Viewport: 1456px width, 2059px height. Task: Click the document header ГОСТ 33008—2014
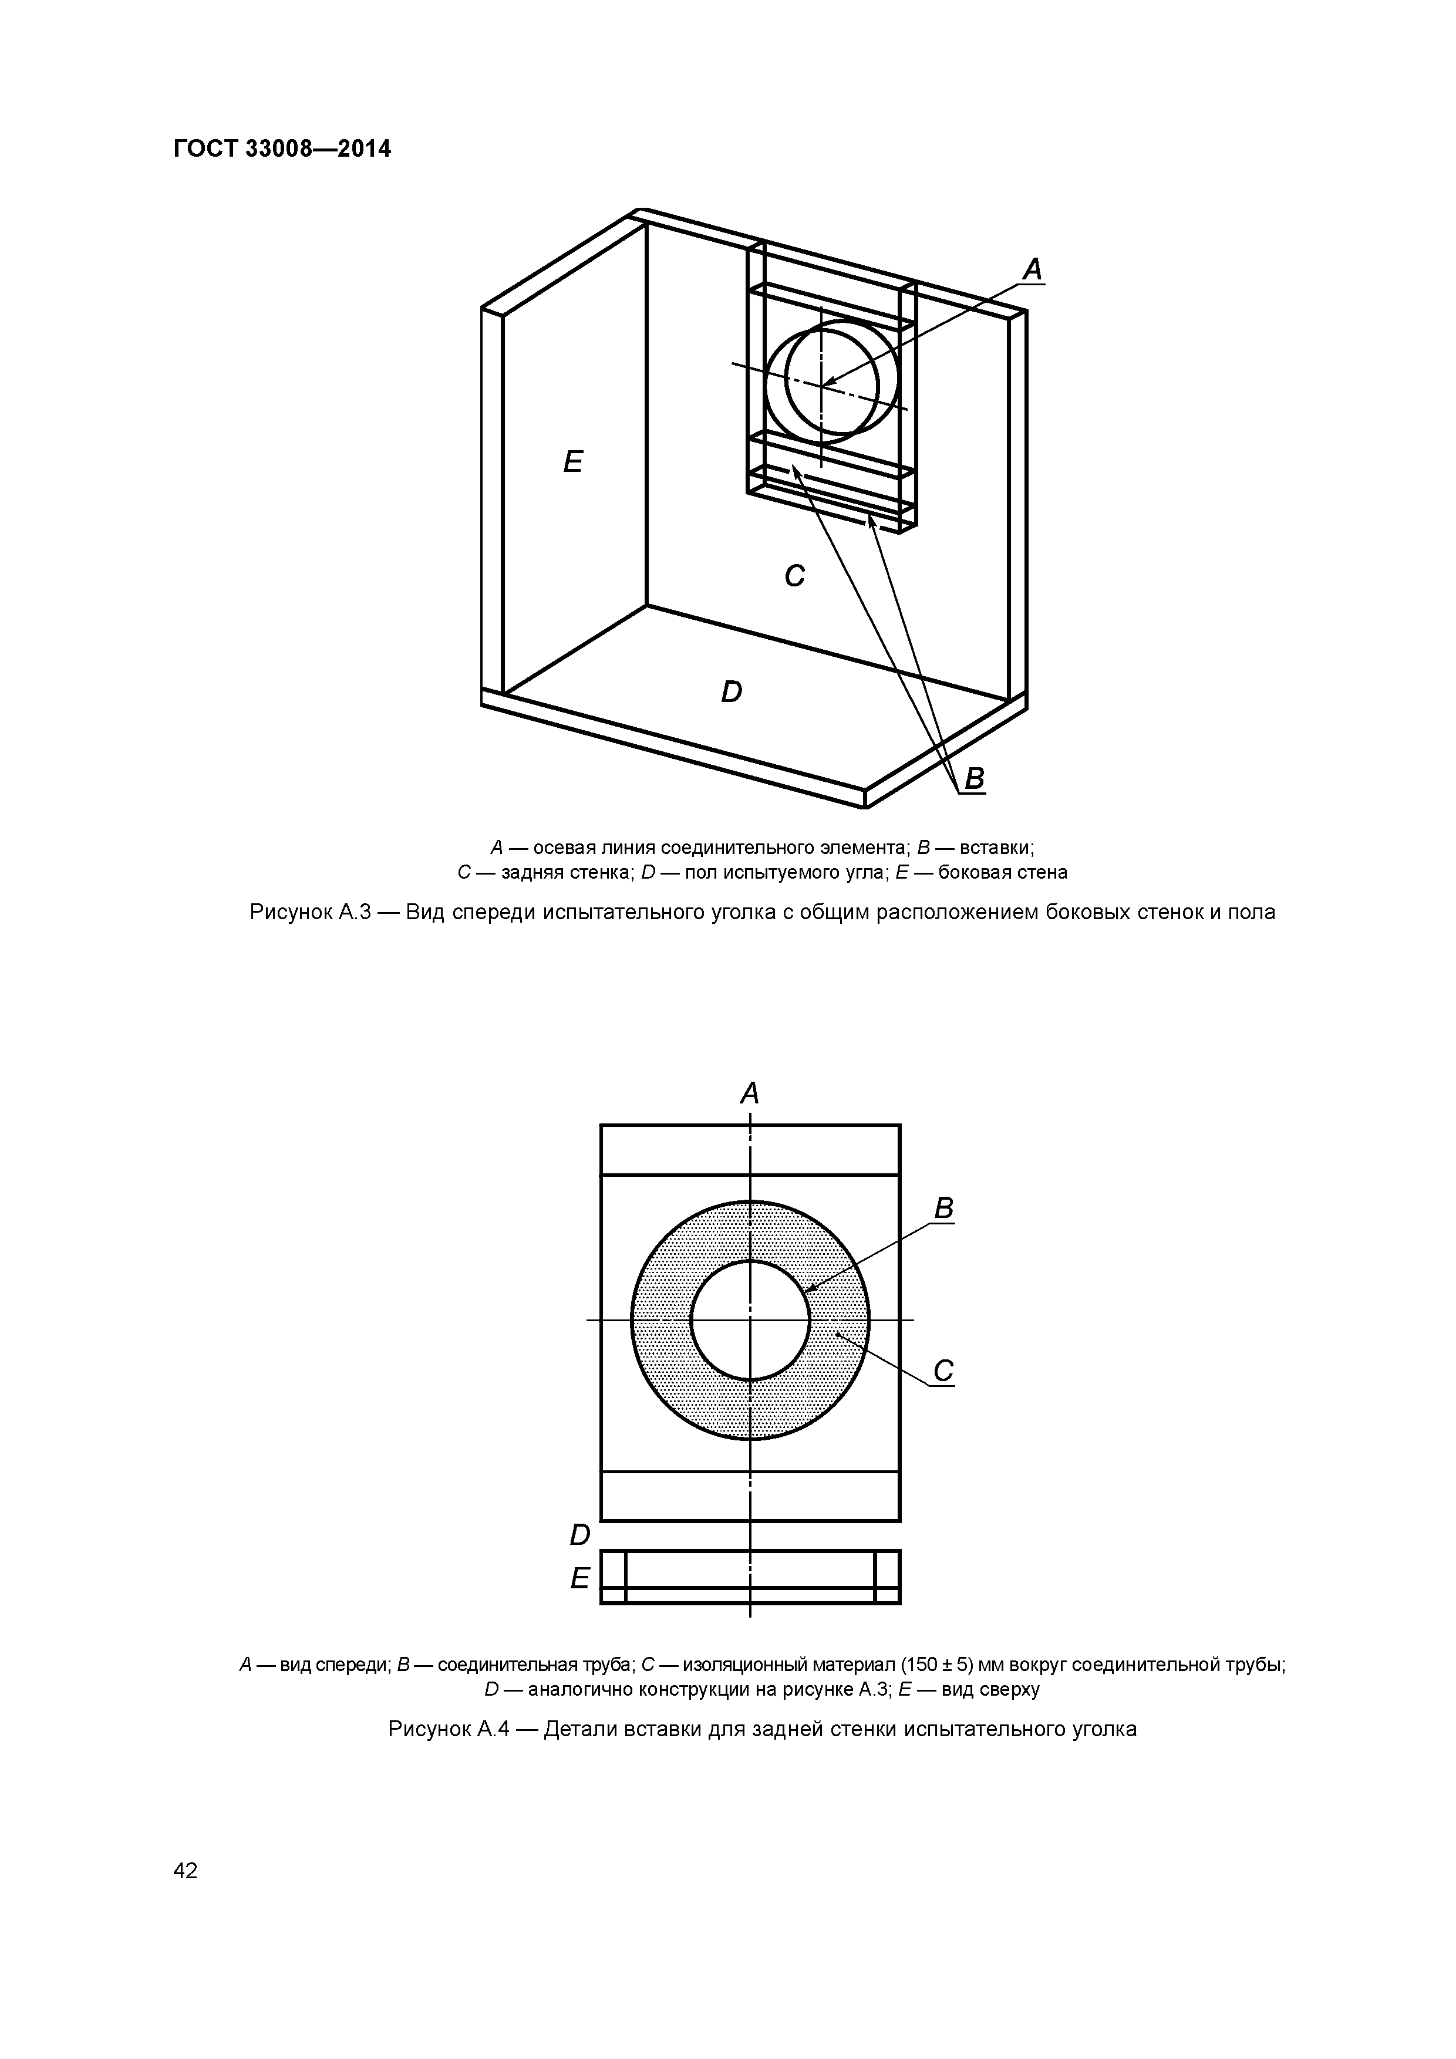click(x=282, y=149)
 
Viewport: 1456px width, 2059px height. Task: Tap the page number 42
click(x=185, y=1870)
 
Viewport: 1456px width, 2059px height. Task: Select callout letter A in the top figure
click(x=1033, y=269)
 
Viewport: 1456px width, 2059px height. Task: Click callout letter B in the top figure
click(x=973, y=778)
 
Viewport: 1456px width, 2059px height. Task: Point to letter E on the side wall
click(x=572, y=462)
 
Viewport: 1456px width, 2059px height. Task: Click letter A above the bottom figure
click(x=749, y=1093)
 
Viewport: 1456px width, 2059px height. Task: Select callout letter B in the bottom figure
click(x=943, y=1209)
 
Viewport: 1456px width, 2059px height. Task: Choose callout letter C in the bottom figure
click(x=943, y=1371)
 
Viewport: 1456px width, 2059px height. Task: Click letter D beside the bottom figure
click(x=581, y=1535)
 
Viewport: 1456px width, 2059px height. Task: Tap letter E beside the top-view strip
click(x=581, y=1578)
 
